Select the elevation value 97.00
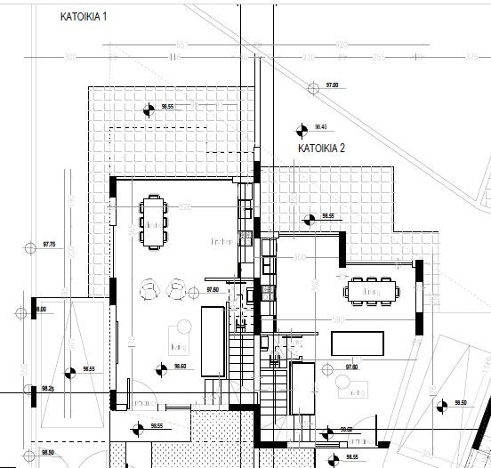(333, 85)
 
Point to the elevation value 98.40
(321, 126)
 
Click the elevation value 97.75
(49, 244)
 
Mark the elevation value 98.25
(48, 389)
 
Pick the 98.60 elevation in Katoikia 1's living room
(180, 367)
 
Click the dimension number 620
(340, 44)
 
